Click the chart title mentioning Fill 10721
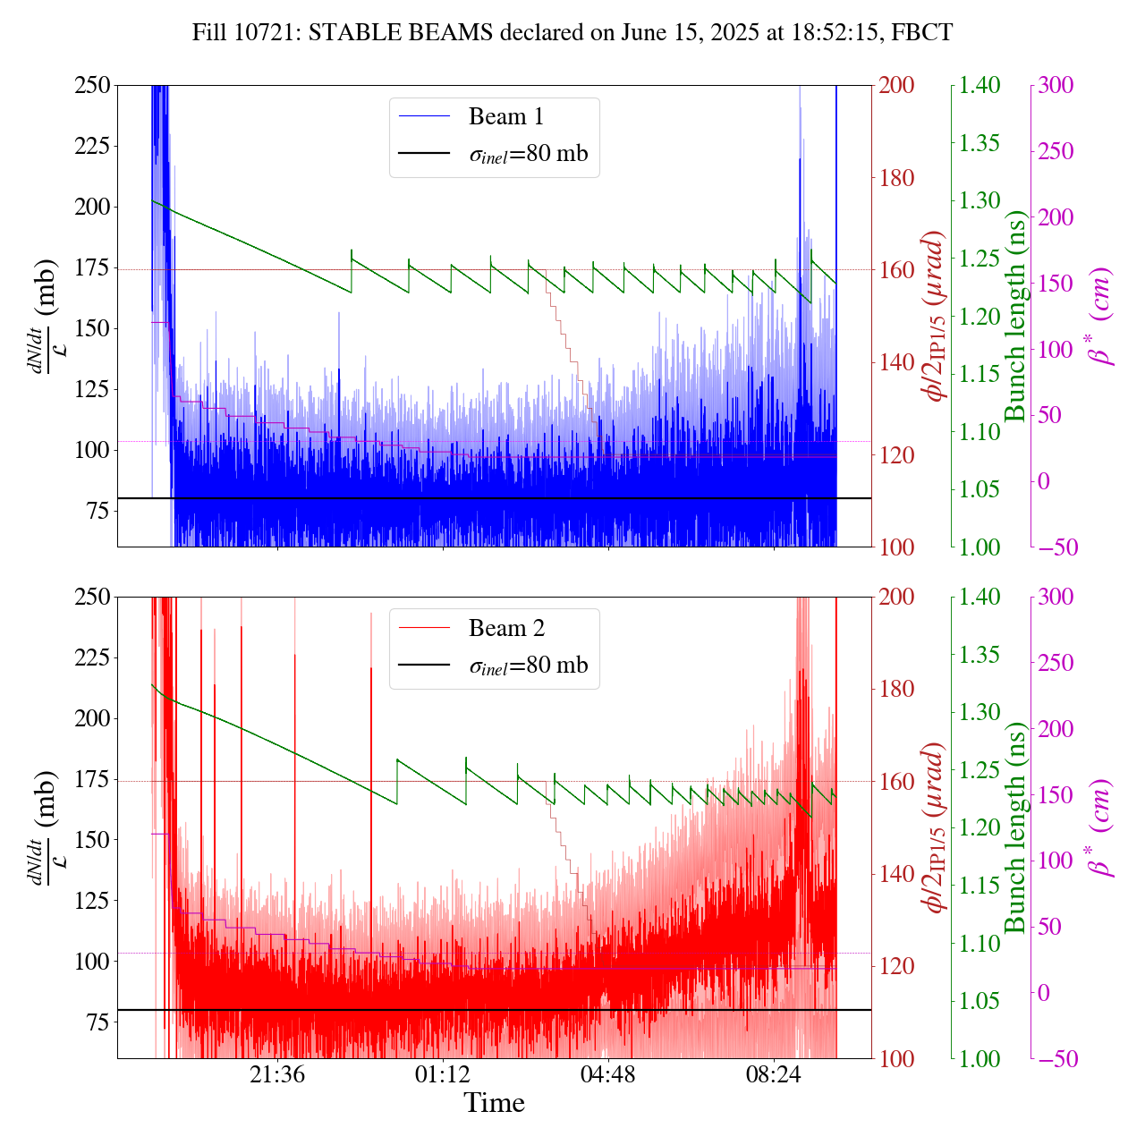[x=572, y=33]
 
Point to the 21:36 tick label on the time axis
[x=277, y=1074]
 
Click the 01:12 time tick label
[x=443, y=1074]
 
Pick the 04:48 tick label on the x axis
[x=608, y=1074]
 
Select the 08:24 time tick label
[x=774, y=1074]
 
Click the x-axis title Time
[x=494, y=1104]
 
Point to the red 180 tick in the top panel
[x=897, y=178]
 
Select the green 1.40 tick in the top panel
[x=981, y=86]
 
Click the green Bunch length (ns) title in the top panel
[x=1015, y=316]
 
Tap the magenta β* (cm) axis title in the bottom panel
[x=1099, y=827]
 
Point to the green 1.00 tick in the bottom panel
[x=981, y=1059]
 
